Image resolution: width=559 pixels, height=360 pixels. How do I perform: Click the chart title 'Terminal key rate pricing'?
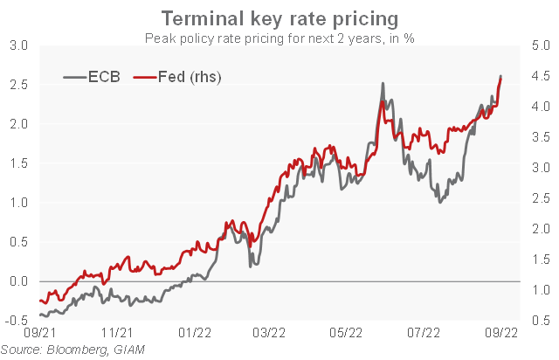(x=279, y=18)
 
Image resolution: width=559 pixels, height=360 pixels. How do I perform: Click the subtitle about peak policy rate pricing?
(x=279, y=38)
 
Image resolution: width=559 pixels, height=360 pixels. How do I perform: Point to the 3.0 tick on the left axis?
(x=18, y=45)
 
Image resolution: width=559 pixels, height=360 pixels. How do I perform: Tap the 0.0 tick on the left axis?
(x=18, y=281)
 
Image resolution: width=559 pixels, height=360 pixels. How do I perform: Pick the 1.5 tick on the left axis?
(x=18, y=163)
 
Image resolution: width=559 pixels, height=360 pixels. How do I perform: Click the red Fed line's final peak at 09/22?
(x=500, y=77)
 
